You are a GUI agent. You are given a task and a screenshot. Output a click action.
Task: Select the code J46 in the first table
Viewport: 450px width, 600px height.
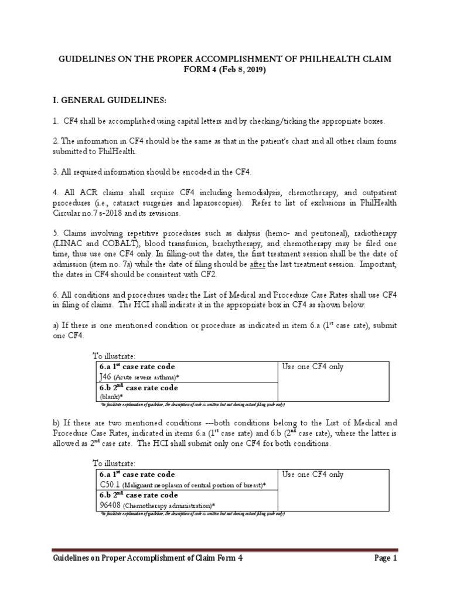[105, 377]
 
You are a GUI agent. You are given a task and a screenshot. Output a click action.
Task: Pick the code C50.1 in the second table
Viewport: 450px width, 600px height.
[110, 485]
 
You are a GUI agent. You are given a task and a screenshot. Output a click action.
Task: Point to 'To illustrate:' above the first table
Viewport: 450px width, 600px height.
[114, 356]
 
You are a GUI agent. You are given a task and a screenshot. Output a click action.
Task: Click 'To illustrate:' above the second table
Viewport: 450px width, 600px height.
[114, 463]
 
